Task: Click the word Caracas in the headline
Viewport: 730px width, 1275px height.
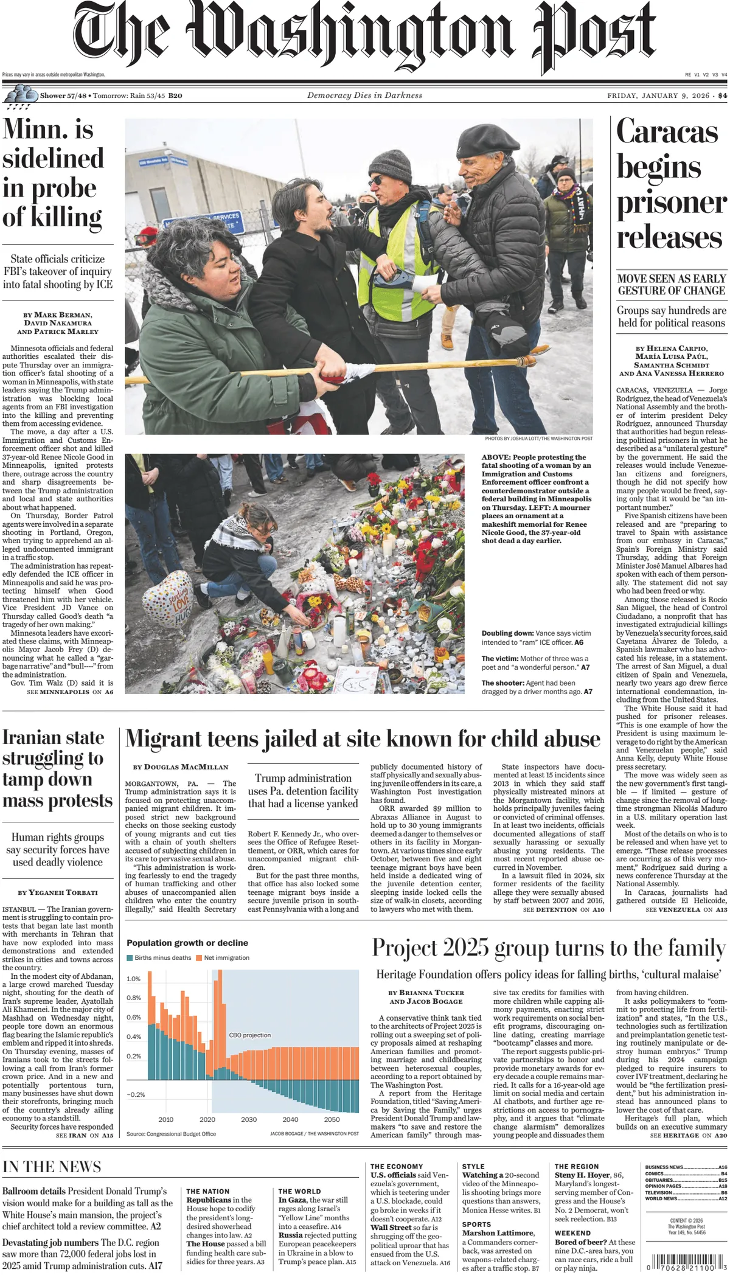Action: (667, 132)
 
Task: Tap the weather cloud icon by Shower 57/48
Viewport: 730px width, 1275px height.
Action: (21, 94)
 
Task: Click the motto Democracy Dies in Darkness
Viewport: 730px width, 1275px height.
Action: (364, 96)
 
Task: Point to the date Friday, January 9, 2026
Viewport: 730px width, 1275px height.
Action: (658, 96)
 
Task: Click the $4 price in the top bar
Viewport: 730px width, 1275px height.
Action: (722, 96)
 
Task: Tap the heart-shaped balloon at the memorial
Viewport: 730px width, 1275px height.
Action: (168, 599)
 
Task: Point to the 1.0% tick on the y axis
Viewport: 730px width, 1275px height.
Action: (133, 979)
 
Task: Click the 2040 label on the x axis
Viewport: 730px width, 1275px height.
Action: (290, 1119)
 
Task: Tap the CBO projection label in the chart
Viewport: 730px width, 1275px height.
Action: (249, 1035)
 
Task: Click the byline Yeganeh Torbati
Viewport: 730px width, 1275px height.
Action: (58, 892)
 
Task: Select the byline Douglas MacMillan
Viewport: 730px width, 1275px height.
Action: (181, 767)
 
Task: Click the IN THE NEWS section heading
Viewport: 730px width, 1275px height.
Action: (52, 1167)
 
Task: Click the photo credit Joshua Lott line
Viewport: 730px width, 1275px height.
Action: (538, 439)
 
